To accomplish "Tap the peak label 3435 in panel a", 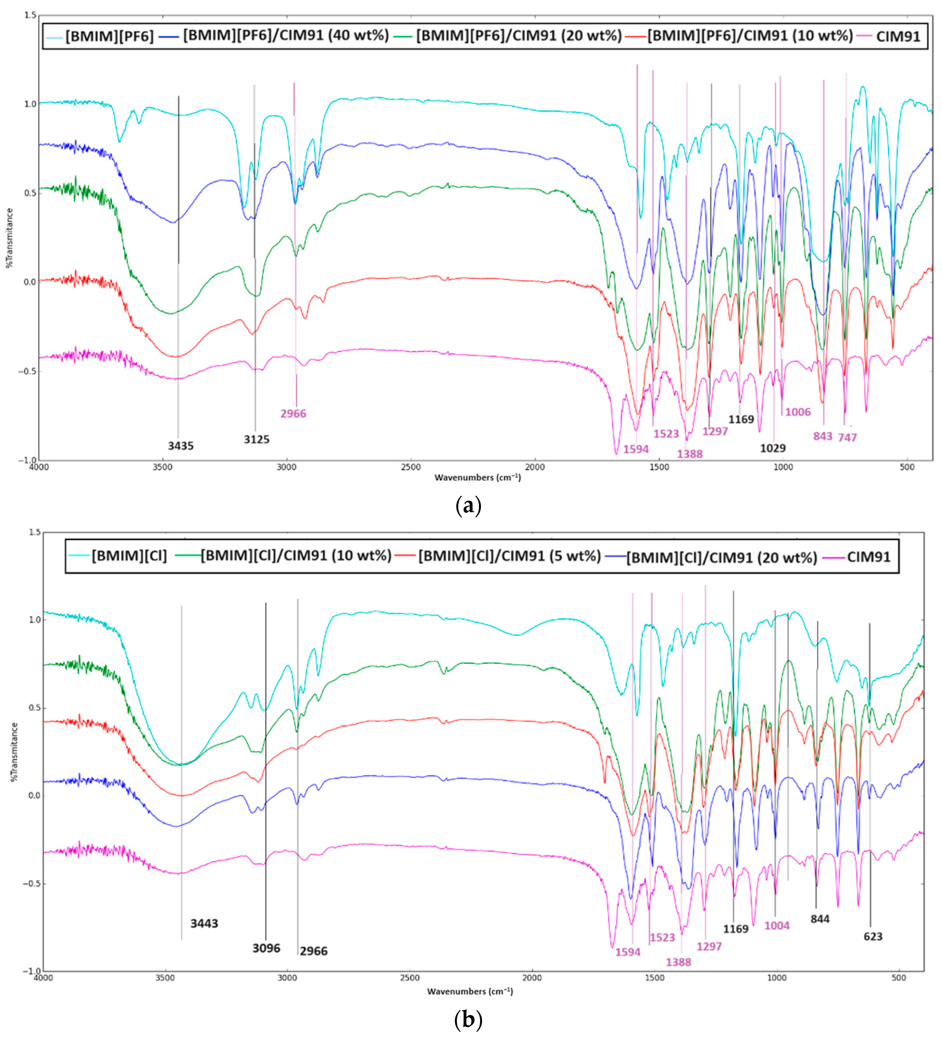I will (181, 446).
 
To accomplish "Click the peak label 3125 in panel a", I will (257, 439).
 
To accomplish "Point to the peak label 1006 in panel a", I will (798, 412).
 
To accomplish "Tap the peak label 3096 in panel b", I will (266, 948).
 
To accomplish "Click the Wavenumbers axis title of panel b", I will (470, 991).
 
